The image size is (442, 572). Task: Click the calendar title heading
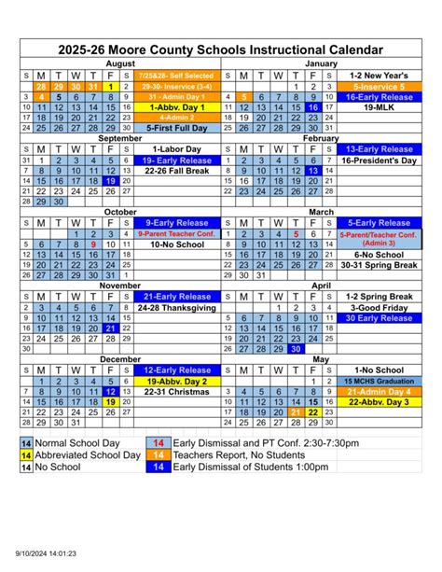[220, 48]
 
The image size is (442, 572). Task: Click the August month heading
[119, 63]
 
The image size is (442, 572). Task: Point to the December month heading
[119, 358]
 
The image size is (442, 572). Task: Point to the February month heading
[321, 137]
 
